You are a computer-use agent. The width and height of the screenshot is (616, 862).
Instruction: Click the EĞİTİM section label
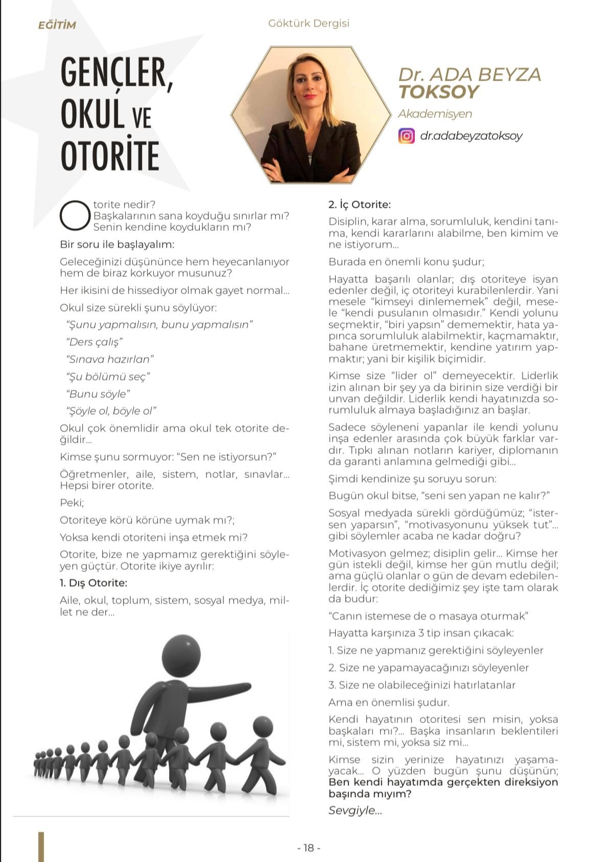point(57,25)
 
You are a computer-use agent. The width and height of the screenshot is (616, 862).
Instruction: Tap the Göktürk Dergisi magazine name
point(309,23)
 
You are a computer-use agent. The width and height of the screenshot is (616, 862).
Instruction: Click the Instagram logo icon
point(407,136)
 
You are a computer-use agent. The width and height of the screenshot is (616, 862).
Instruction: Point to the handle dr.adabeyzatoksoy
point(471,136)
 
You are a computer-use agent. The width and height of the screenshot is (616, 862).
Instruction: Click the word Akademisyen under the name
point(435,114)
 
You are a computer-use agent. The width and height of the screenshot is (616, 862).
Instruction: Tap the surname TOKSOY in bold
point(438,92)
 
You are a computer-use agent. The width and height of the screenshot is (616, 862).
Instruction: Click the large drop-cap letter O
point(75,215)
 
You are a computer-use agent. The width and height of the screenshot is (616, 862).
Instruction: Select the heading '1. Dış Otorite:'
point(93,583)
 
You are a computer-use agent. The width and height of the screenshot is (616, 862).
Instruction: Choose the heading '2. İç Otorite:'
point(360,205)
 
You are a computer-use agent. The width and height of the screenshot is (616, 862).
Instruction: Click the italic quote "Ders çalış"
point(94,342)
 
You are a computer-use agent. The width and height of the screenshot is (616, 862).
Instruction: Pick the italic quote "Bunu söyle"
point(98,394)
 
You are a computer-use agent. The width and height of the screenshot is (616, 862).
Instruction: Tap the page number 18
point(309,848)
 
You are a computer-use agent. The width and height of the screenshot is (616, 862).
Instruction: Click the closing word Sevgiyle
point(355,810)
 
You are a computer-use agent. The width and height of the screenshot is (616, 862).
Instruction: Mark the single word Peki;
point(72,503)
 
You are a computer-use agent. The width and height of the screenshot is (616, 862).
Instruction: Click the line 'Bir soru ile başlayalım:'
point(117,245)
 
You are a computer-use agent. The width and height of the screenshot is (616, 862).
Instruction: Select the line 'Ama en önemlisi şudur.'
point(389,702)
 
